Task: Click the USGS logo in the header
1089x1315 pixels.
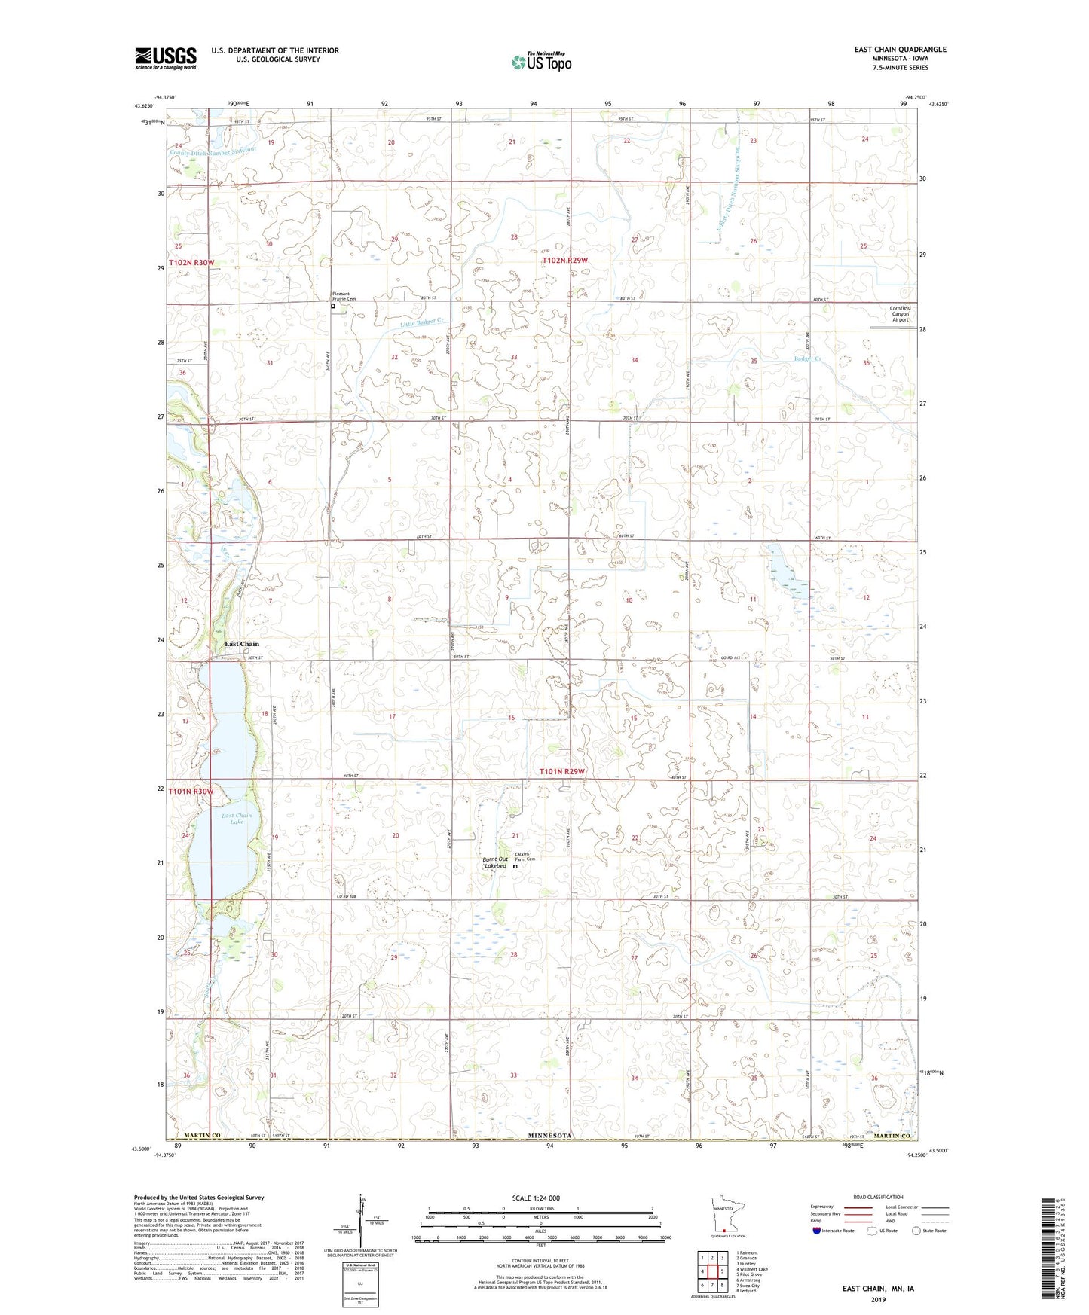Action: (166, 58)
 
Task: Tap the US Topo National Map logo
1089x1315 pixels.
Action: (540, 61)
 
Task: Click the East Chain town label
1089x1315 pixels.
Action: (242, 644)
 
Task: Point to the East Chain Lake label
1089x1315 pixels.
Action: (237, 819)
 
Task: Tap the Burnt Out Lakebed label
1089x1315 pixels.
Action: (496, 862)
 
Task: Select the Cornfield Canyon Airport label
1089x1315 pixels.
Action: (900, 313)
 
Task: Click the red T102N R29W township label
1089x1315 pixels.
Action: (564, 261)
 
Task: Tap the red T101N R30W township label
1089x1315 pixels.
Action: (191, 792)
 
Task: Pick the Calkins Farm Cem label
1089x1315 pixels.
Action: (525, 856)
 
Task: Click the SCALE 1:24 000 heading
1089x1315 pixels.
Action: (535, 1198)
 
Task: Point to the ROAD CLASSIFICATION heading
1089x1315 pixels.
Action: (878, 1197)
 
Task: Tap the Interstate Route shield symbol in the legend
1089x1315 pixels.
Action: (817, 1231)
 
